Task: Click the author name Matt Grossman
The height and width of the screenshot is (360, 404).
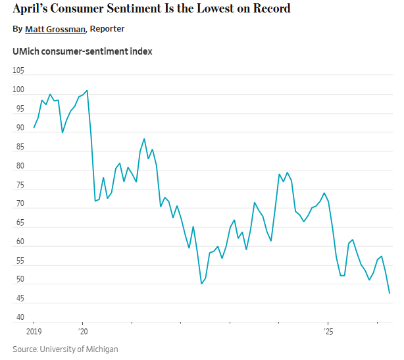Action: [x=55, y=29]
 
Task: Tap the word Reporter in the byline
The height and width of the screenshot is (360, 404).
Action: [x=107, y=29]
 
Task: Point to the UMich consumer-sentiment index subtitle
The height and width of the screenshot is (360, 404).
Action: [x=82, y=51]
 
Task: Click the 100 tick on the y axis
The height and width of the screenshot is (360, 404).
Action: [x=18, y=90]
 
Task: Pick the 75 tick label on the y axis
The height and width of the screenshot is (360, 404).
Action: [x=18, y=185]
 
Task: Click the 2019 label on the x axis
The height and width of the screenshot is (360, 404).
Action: [x=34, y=333]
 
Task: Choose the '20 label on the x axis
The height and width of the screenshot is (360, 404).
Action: [x=83, y=333]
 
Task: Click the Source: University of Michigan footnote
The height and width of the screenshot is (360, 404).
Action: [x=65, y=349]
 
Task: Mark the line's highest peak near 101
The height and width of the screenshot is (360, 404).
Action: [x=87, y=90]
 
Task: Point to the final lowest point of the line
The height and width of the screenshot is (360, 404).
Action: [x=390, y=293]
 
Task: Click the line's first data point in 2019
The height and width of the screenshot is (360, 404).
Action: [x=34, y=128]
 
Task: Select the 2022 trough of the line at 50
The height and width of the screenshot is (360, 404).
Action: [x=201, y=284]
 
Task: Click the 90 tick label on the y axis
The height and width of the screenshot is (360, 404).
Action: [x=18, y=128]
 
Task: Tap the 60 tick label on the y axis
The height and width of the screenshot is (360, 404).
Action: [x=18, y=242]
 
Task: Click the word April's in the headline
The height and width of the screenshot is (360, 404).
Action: [x=32, y=9]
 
